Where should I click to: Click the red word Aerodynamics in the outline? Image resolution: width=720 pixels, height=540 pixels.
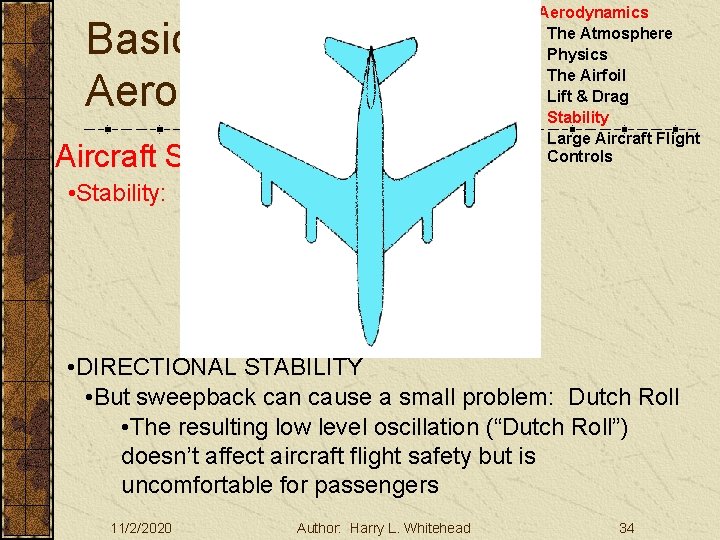[594, 13]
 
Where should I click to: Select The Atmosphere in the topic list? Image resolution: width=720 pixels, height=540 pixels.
[609, 34]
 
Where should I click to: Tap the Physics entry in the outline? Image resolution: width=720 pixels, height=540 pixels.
[577, 55]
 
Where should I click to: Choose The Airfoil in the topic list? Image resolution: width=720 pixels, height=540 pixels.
[586, 76]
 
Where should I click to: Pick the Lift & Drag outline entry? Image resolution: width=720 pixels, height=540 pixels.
[587, 97]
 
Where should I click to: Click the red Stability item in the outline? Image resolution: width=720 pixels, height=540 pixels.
[577, 118]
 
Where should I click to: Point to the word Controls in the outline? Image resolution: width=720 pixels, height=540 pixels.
[579, 157]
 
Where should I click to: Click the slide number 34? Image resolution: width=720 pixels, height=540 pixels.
[627, 528]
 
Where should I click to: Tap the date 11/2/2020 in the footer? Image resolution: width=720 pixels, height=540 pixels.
[141, 528]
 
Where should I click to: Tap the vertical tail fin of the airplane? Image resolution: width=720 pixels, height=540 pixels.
[371, 75]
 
